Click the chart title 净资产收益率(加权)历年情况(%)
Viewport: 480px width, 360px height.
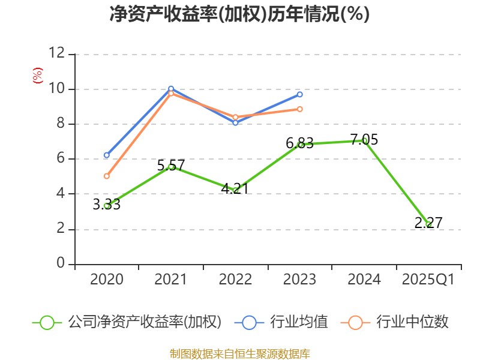click(239, 14)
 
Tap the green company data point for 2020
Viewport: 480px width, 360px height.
click(106, 206)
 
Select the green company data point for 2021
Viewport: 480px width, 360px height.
click(171, 166)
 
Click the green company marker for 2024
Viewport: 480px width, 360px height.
click(364, 140)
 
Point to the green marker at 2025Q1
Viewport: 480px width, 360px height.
click(428, 224)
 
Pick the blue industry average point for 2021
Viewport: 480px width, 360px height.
click(171, 89)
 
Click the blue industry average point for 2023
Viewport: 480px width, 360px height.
click(299, 94)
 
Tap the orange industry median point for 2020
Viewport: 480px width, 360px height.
click(106, 176)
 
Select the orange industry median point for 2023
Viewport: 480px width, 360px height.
click(299, 109)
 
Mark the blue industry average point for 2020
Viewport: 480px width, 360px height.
click(106, 155)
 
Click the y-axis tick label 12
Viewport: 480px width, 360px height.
click(56, 53)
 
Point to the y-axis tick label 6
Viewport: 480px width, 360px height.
click(60, 159)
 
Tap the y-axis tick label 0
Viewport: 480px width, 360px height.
click(60, 264)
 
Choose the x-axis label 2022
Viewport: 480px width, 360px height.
click(235, 280)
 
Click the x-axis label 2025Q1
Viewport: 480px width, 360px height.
click(428, 280)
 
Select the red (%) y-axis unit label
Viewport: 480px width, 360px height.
click(37, 76)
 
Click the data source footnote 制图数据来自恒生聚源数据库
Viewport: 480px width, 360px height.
click(239, 353)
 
